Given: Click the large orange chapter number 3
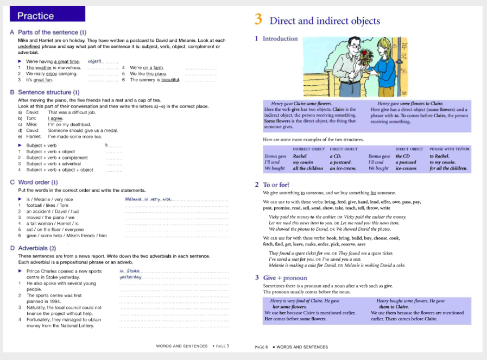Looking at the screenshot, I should point(258,20).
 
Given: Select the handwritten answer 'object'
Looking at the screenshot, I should point(94,61).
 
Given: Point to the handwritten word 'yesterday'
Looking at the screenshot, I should point(130,277).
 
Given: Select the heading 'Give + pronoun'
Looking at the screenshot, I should point(285,278).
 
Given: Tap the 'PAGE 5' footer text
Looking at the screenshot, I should point(222,346).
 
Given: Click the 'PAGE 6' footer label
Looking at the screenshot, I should point(261,347).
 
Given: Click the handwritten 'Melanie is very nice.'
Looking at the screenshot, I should point(148,199).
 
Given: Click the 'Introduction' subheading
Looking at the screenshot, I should point(280,39).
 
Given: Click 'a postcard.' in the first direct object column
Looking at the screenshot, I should point(341,162).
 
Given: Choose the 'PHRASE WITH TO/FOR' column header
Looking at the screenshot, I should point(450,149).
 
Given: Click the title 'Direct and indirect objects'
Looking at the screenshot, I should point(325,21).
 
